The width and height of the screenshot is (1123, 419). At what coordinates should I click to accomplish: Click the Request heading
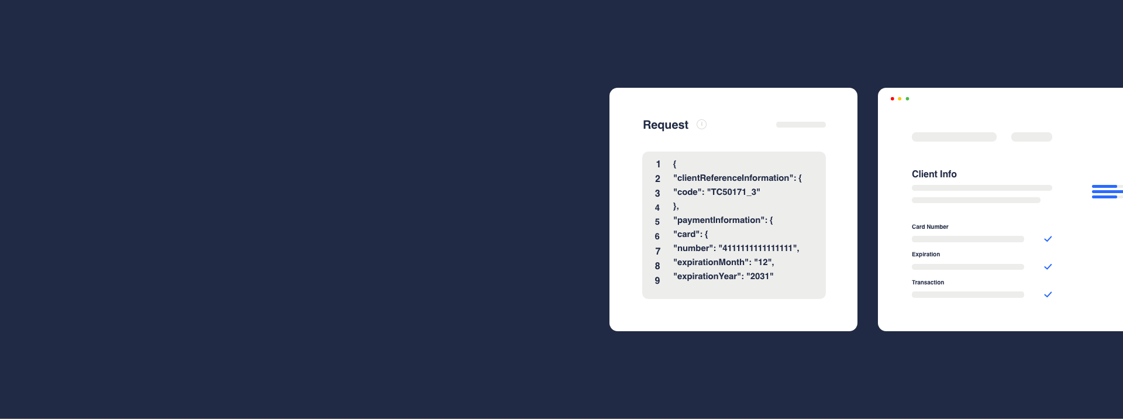coord(666,125)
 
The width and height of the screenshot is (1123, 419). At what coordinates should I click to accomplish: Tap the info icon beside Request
coord(702,124)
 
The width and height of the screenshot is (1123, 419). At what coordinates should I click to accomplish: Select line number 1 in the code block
coord(658,164)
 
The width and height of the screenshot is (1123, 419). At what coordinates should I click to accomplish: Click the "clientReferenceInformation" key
coord(733,178)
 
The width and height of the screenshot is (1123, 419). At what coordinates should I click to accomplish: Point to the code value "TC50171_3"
coord(733,192)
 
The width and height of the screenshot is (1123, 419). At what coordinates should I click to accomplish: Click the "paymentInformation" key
coord(719,220)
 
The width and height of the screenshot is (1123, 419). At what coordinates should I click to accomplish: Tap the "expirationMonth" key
coord(711,262)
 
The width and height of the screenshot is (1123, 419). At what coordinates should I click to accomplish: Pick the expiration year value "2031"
coord(760,276)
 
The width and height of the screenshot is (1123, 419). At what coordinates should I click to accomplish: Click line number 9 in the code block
coord(657,281)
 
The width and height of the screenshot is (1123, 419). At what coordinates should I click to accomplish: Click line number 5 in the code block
coord(657,222)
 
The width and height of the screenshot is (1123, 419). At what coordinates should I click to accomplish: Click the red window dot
coord(892,99)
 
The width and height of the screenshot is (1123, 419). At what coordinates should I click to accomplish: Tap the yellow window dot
coord(900,99)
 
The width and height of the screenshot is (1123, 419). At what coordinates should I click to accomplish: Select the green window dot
coord(907,99)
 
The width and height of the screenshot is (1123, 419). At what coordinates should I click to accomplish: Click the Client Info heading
coord(934,174)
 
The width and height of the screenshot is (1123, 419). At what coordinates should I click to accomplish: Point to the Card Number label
coord(930,227)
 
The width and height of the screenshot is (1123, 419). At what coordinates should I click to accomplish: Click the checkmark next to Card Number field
coord(1048,239)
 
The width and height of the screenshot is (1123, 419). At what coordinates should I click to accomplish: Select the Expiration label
coord(926,255)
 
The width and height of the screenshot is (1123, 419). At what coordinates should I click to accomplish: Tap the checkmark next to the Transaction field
coord(1048,294)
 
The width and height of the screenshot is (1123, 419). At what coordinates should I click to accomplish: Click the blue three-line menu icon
coord(1107,191)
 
